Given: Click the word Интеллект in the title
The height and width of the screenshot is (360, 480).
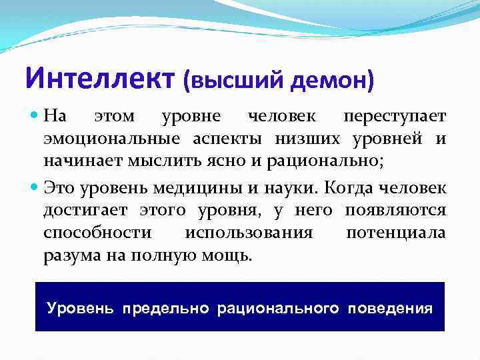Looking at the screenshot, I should tap(101, 78).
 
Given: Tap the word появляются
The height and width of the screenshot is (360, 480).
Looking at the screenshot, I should tap(395, 211).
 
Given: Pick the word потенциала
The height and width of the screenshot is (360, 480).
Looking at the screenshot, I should tap(396, 233).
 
